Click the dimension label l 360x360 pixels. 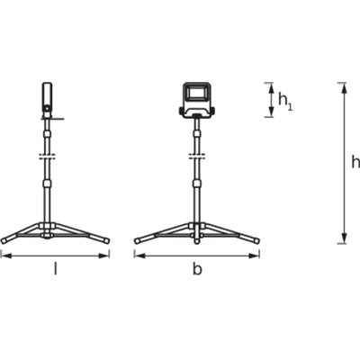(x=56, y=268)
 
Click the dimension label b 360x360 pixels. (x=197, y=269)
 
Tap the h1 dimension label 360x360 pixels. (x=283, y=102)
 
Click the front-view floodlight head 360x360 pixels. (x=195, y=94)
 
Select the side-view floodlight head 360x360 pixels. (x=47, y=97)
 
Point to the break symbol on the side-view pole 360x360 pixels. (x=47, y=159)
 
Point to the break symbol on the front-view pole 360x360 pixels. (x=195, y=159)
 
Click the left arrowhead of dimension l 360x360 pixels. (x=4, y=255)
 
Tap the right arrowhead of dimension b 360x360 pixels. (x=257, y=255)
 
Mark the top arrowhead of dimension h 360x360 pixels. (x=342, y=85)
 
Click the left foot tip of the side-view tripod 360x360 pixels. (x=5, y=240)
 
